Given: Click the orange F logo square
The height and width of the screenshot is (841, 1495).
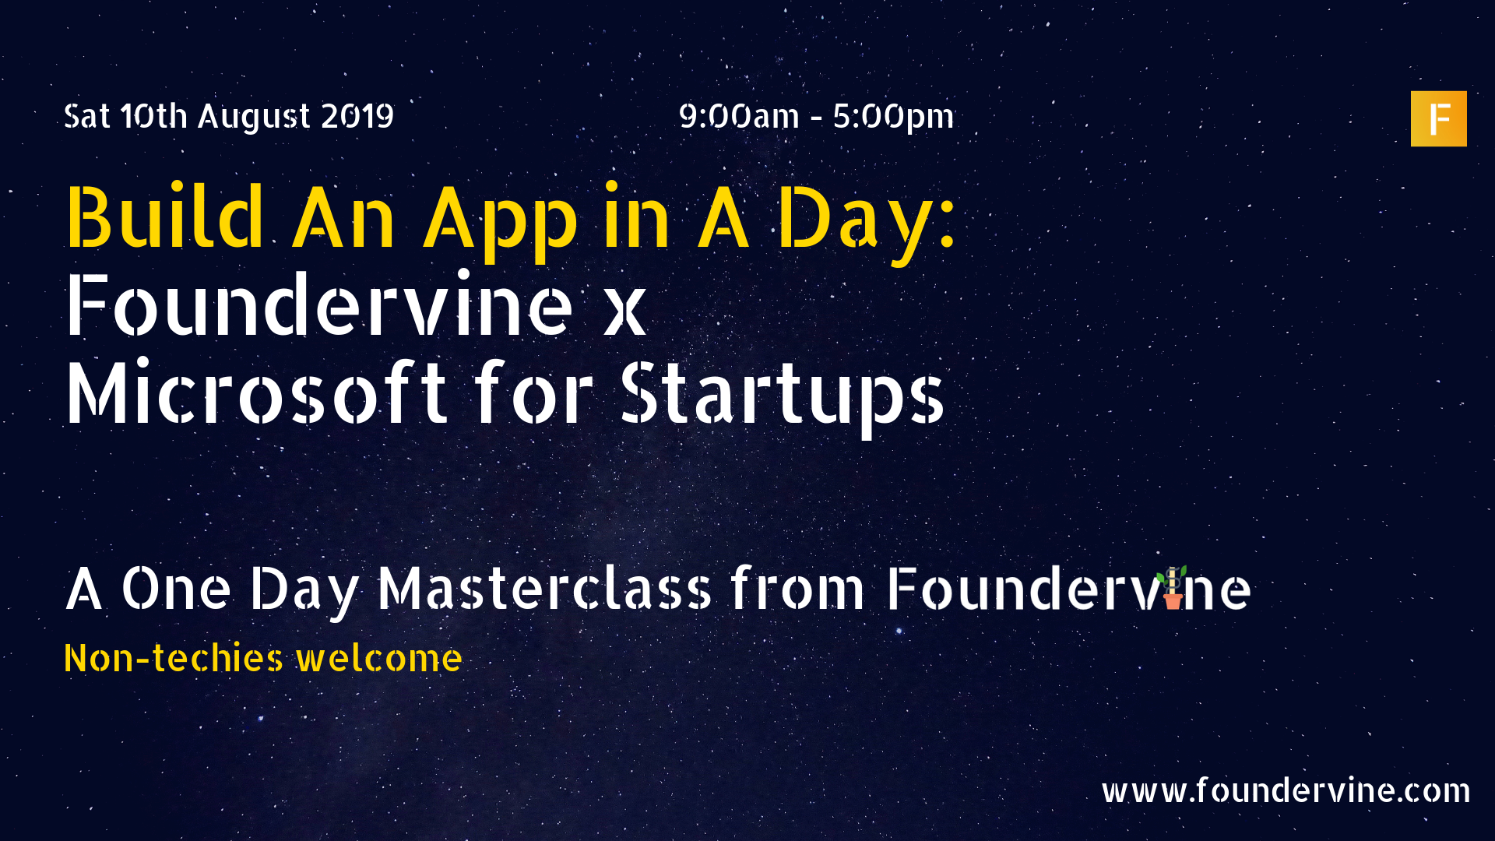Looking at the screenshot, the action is [1438, 118].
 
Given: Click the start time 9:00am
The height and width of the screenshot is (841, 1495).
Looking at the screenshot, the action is [739, 116].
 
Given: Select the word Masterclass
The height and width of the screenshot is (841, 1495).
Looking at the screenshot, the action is [544, 589].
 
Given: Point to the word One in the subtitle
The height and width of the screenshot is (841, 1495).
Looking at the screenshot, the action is [176, 589].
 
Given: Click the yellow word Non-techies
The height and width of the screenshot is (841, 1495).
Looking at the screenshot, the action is [174, 658].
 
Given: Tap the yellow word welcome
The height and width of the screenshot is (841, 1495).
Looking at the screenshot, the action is [379, 659].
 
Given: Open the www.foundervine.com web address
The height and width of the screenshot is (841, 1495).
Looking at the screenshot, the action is [1286, 790].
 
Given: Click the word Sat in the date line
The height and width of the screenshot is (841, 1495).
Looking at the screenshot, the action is [86, 117].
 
